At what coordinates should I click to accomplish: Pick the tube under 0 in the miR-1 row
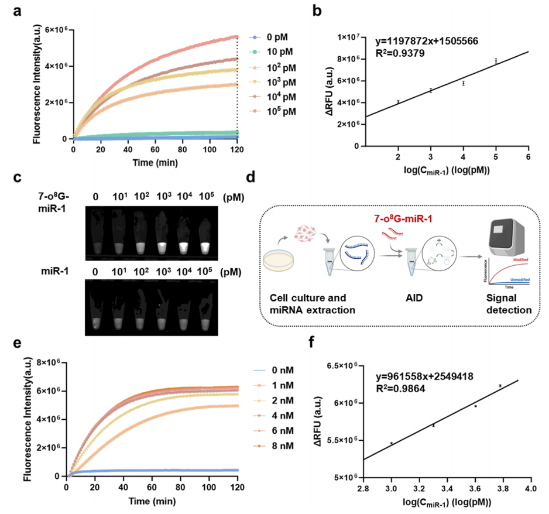97,314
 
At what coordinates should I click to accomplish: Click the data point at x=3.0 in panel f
392,443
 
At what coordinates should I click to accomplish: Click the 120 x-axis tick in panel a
237,149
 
